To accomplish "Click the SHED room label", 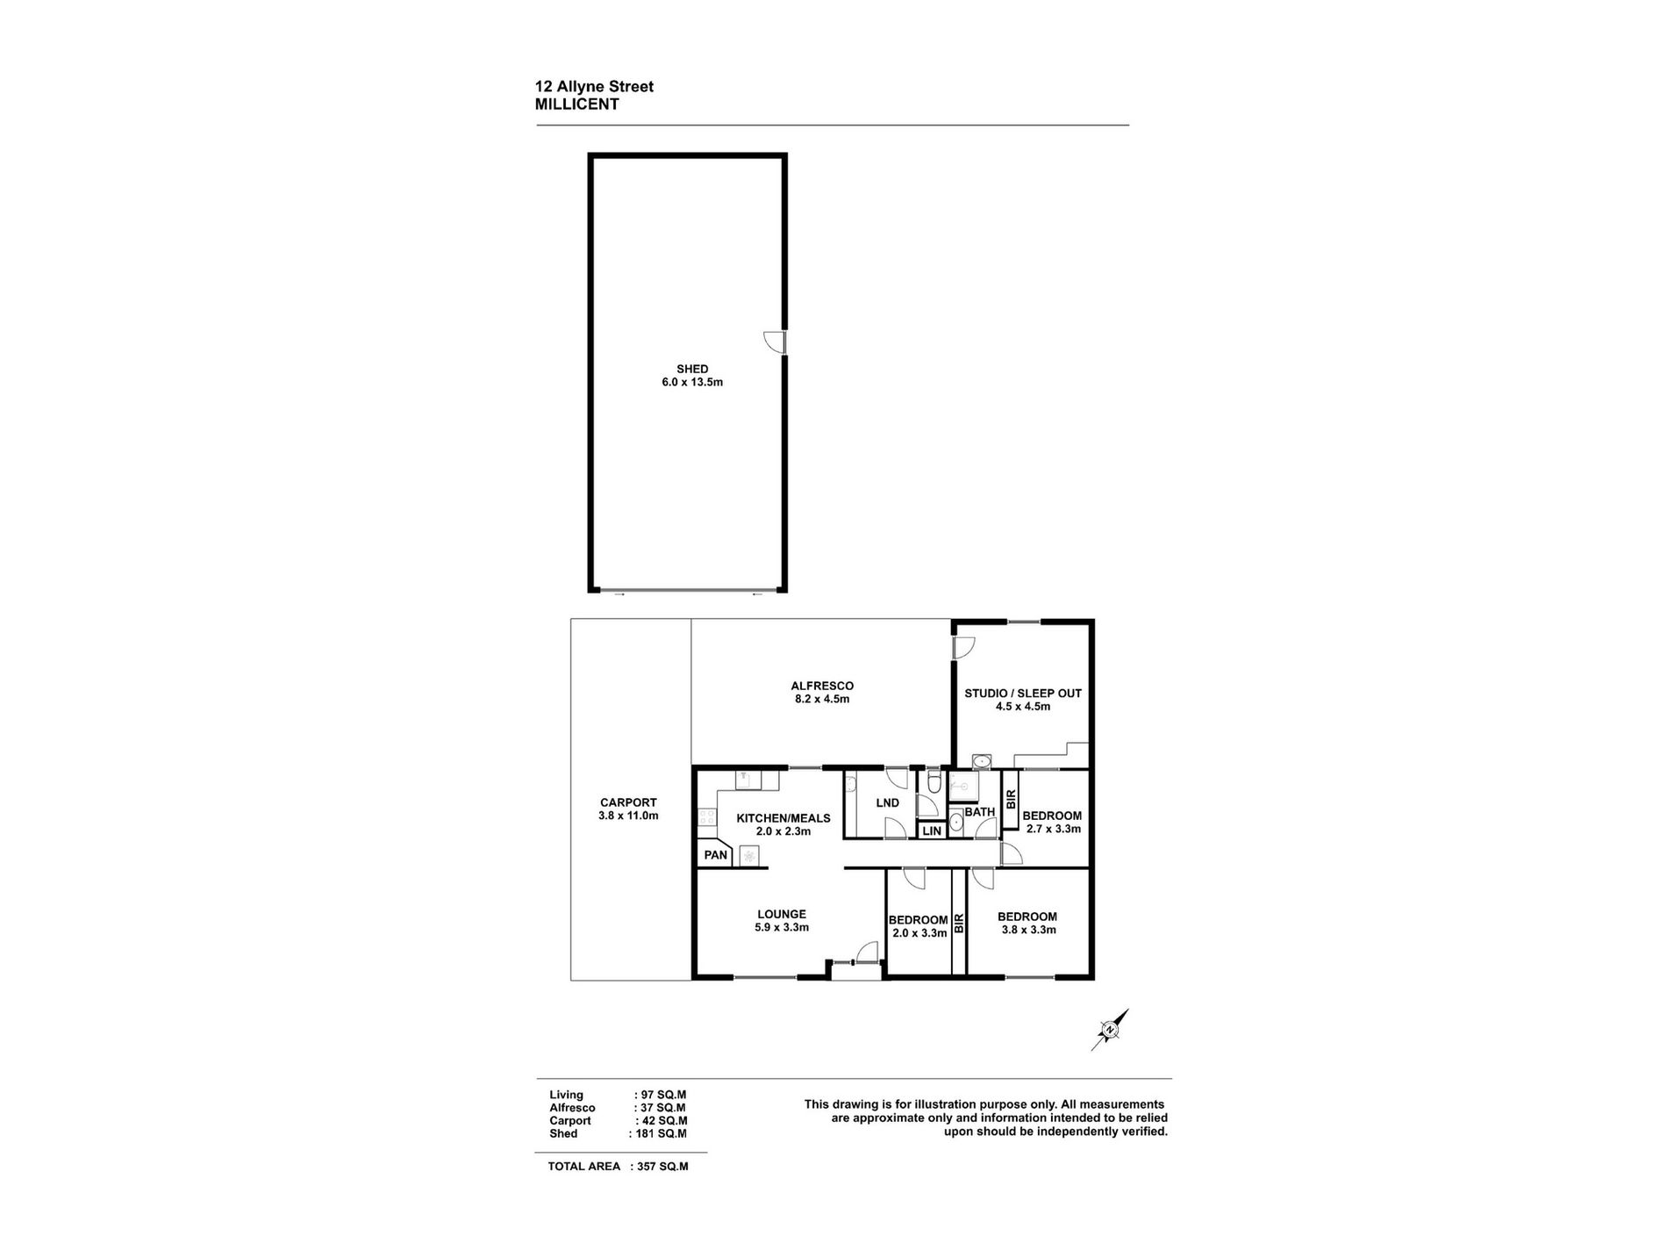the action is [x=692, y=370].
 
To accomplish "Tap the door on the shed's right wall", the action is [x=776, y=342].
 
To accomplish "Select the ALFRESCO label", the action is [x=822, y=687].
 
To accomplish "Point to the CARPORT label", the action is [x=628, y=802].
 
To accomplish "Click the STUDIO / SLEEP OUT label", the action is [x=1023, y=694].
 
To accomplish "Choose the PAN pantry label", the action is [x=716, y=855].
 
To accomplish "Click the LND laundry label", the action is [x=888, y=803].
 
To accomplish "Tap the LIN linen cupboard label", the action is [x=932, y=830].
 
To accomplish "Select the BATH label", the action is [x=980, y=812].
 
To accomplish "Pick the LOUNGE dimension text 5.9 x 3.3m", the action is [x=782, y=927].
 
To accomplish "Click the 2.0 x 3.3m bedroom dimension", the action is [x=919, y=933].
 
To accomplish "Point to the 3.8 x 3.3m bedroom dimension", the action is [x=1027, y=930].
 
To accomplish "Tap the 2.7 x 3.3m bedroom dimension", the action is [x=1054, y=829].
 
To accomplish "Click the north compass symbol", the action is [x=1110, y=1030].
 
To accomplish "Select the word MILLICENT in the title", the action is [x=577, y=104].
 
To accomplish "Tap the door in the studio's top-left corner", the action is [x=964, y=647].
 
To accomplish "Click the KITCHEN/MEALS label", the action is [x=783, y=818].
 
